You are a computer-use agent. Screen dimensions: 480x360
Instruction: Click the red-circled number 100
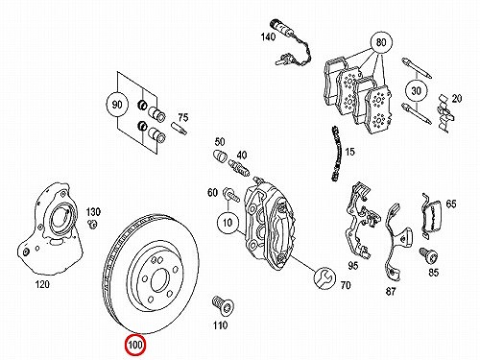point(135,345)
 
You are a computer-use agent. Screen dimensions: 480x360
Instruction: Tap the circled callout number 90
point(117,105)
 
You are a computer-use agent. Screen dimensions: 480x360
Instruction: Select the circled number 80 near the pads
point(381,42)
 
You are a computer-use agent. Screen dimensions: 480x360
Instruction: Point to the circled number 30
point(416,91)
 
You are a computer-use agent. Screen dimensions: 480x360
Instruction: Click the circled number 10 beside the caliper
point(228,222)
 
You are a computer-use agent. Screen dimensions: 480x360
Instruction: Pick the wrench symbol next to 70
point(324,277)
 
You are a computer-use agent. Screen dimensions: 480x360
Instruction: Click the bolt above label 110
point(223,306)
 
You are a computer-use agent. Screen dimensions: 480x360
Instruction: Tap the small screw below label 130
point(93,224)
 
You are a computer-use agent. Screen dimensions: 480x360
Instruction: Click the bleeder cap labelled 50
point(220,156)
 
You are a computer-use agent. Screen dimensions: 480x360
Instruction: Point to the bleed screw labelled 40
point(239,168)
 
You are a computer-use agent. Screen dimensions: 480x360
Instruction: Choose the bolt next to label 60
point(231,195)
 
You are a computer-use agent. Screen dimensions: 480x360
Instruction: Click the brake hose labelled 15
point(336,153)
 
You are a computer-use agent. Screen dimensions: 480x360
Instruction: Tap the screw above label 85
point(428,256)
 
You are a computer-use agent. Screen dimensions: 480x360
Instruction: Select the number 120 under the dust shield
point(42,284)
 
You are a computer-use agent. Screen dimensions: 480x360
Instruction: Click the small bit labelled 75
point(180,129)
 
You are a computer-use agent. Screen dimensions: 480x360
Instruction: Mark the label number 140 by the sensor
point(268,36)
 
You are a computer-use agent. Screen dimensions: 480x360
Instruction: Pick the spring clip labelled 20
point(445,114)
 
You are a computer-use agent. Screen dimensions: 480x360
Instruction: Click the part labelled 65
point(430,216)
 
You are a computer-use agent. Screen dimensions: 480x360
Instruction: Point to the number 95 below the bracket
point(353,266)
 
